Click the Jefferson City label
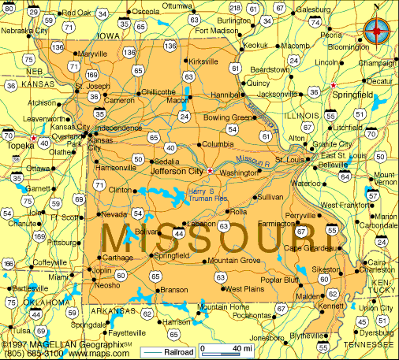[x=177, y=170]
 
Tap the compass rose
[x=377, y=30]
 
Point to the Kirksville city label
[x=203, y=61]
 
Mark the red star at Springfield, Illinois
[x=334, y=84]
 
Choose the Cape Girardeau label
[x=309, y=248]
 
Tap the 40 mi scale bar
[x=227, y=348]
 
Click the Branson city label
[x=173, y=289]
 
